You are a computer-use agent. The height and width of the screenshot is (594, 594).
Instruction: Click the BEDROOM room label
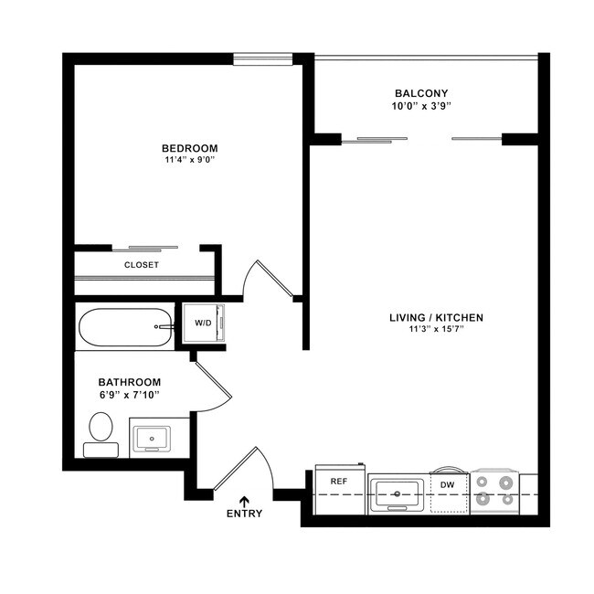[x=189, y=148]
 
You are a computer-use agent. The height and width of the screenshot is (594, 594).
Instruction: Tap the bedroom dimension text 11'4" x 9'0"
[x=189, y=160]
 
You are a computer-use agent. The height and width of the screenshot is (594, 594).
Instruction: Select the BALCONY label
[x=420, y=93]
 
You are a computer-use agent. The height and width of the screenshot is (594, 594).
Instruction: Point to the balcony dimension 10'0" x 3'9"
[x=420, y=106]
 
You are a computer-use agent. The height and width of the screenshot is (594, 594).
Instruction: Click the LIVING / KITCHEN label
[x=436, y=317]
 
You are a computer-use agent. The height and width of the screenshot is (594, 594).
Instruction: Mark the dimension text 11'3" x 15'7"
[x=436, y=330]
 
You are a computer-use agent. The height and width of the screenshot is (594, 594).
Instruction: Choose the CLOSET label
[x=142, y=265]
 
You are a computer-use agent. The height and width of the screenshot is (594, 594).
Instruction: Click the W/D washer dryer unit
[x=203, y=323]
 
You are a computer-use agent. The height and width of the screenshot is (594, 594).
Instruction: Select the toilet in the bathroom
[x=101, y=432]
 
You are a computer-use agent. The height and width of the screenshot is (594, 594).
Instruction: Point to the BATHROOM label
[x=130, y=382]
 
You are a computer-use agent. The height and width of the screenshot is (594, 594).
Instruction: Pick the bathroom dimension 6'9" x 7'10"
[x=130, y=395]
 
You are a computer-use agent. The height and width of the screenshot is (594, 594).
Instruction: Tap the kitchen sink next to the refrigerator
[x=398, y=494]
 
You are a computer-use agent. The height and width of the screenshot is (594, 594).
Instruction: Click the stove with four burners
[x=494, y=493]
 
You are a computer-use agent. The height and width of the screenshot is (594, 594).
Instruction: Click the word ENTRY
[x=244, y=514]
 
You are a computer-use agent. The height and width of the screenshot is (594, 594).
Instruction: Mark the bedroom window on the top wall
[x=262, y=58]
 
